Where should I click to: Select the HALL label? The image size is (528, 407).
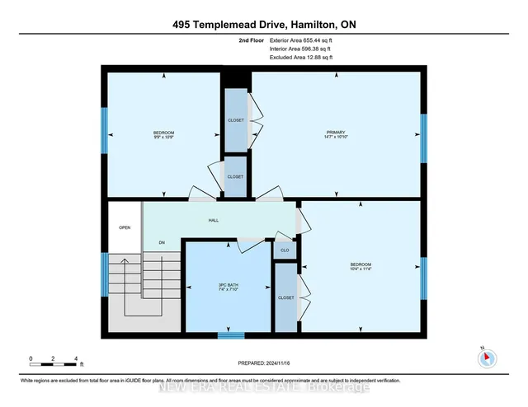pyautogui.click(x=213, y=221)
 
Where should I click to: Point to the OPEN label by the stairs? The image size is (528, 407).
pyautogui.click(x=125, y=227)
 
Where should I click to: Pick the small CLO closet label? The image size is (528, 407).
pyautogui.click(x=284, y=248)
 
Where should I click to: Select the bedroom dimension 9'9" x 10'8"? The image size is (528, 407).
pyautogui.click(x=163, y=138)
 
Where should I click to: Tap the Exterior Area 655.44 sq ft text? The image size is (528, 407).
pyautogui.click(x=299, y=40)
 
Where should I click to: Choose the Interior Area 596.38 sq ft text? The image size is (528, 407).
pyautogui.click(x=299, y=49)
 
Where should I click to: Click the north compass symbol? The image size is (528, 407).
pyautogui.click(x=486, y=357)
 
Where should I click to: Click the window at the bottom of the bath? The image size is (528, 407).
pyautogui.click(x=231, y=334)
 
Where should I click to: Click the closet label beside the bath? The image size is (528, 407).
pyautogui.click(x=285, y=297)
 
